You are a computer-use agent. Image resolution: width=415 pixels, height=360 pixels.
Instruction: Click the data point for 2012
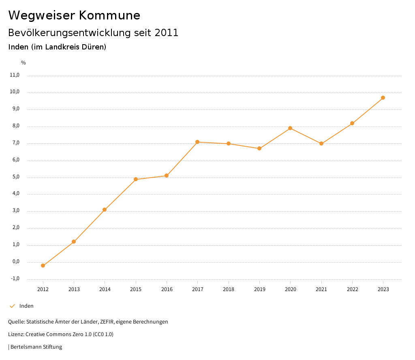click(x=43, y=266)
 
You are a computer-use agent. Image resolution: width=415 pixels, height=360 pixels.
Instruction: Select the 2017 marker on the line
click(x=197, y=142)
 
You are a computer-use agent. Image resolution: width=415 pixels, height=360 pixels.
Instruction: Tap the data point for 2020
click(x=290, y=128)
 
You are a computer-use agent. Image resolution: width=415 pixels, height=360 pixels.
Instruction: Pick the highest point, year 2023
click(x=383, y=98)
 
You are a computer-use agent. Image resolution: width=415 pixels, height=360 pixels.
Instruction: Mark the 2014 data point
click(x=105, y=210)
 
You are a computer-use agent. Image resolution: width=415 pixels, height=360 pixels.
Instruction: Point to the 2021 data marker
click(x=321, y=144)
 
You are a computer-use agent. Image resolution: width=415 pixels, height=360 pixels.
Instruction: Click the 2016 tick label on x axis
click(x=167, y=289)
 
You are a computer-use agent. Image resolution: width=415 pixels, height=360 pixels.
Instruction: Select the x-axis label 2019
click(x=259, y=289)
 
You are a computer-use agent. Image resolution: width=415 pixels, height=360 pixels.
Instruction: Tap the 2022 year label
click(x=352, y=289)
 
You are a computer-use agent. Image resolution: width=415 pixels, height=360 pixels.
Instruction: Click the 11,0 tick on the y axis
click(x=14, y=75)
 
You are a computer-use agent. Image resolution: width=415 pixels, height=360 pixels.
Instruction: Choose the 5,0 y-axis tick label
click(x=15, y=177)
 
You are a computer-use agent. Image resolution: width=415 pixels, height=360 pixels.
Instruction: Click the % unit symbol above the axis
click(x=24, y=63)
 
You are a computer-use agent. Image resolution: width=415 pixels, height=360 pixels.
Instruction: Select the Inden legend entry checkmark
click(x=12, y=306)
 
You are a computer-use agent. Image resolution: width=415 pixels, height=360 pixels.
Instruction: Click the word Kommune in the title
click(x=109, y=15)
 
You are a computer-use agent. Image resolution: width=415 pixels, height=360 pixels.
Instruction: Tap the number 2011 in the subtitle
click(x=167, y=33)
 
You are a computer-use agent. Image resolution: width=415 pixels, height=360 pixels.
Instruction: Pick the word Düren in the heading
click(x=93, y=47)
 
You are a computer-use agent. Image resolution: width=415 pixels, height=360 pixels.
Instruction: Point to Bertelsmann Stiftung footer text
click(x=36, y=347)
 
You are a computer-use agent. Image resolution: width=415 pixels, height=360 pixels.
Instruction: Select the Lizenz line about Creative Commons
click(x=61, y=334)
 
